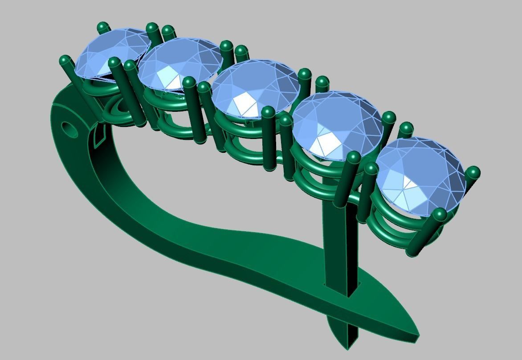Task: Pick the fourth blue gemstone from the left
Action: coord(338,125)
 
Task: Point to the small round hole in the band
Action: coord(69,129)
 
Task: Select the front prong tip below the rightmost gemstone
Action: coord(439,214)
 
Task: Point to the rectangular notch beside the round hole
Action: coord(98,138)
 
